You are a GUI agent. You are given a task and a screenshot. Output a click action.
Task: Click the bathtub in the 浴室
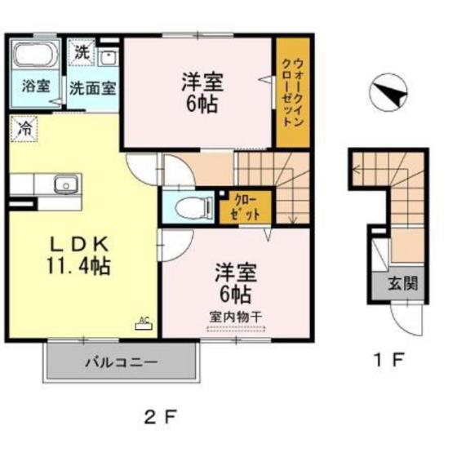click(33, 55)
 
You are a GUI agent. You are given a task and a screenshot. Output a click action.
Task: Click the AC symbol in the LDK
click(144, 321)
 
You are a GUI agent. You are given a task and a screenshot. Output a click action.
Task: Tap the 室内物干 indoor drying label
click(234, 316)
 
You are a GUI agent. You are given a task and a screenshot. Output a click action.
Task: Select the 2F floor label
click(160, 420)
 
